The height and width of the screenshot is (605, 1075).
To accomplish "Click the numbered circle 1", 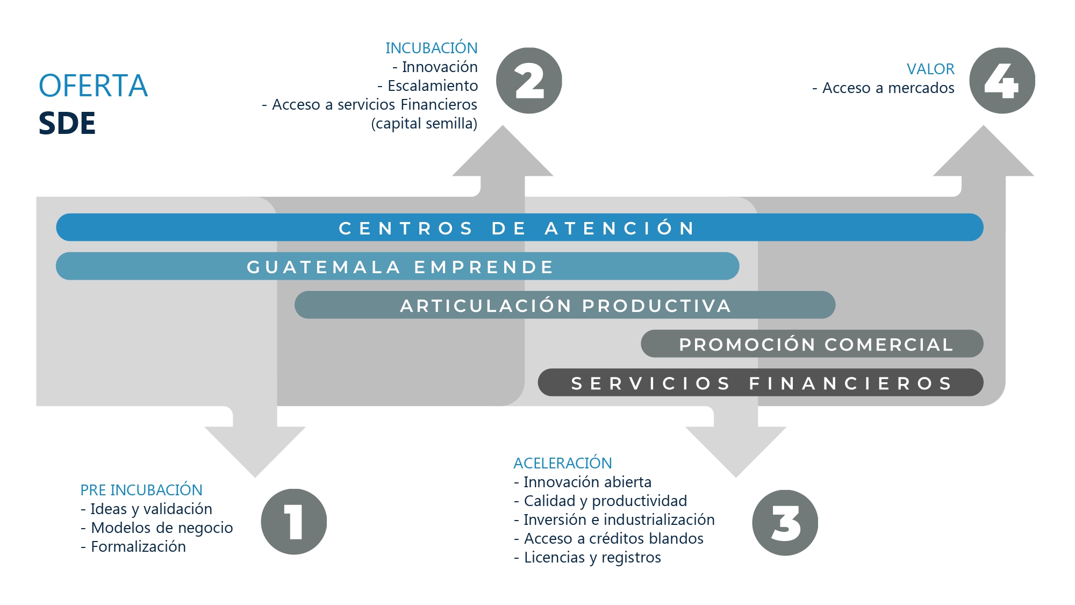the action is click(x=293, y=522).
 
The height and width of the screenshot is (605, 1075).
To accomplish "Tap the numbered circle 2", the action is click(x=529, y=81).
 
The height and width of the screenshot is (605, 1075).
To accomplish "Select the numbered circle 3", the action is click(x=785, y=523).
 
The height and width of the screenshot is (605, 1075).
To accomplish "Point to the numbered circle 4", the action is click(x=1002, y=81).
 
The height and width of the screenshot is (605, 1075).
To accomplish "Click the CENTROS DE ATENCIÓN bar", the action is click(x=519, y=227).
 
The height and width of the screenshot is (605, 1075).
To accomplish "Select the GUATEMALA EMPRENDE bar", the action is click(x=398, y=266).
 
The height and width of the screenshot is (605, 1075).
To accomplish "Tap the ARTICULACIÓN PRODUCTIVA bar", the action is click(x=565, y=305).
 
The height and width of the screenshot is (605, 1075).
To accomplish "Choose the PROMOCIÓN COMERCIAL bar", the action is click(x=812, y=344).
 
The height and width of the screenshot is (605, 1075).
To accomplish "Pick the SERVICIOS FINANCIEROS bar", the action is click(x=761, y=382).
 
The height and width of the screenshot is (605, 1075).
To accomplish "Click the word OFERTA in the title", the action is click(x=93, y=86).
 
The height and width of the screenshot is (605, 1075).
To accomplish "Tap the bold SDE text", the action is click(x=67, y=123).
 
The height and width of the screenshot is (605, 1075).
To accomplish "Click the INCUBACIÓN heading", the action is click(x=431, y=48).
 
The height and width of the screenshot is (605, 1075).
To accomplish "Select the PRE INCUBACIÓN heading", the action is click(x=141, y=490).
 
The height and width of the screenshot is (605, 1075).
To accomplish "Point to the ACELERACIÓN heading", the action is click(x=563, y=463).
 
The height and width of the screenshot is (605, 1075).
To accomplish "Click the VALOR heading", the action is click(x=930, y=69).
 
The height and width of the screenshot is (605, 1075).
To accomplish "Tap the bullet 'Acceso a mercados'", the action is click(x=888, y=88).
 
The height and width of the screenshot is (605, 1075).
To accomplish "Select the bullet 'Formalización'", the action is click(x=138, y=546).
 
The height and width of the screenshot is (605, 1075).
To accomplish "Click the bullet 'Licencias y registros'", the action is click(x=592, y=557).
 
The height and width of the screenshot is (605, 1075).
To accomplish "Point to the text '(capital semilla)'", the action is click(x=424, y=123).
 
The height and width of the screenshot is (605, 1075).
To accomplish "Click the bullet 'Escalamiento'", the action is click(x=432, y=86).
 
